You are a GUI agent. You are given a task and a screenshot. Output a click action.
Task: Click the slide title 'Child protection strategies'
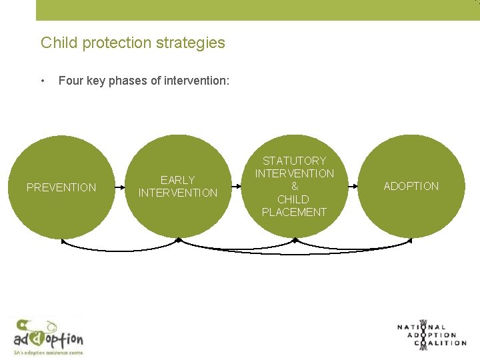pos(133,43)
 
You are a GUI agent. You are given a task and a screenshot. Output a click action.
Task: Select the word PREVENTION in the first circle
pos(61,187)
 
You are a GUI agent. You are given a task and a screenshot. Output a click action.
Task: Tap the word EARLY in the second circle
pos(178,180)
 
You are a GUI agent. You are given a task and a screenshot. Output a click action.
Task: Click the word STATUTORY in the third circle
pos(295,161)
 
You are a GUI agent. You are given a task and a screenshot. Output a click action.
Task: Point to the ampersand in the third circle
pos(295,187)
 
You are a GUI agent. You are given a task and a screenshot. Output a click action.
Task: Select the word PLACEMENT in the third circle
pos(295,212)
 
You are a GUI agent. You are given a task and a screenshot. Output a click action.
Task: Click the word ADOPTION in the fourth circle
pos(411,186)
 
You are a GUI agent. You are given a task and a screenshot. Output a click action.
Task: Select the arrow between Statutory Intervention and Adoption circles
pos(353,187)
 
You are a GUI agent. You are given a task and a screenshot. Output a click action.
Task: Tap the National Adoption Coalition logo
pos(431,335)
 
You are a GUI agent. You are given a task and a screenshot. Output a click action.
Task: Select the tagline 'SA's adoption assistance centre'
pos(48,351)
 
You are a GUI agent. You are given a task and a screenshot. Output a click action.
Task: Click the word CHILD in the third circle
pos(294,199)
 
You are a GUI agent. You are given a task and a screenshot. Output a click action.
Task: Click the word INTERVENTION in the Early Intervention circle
pos(178,193)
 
